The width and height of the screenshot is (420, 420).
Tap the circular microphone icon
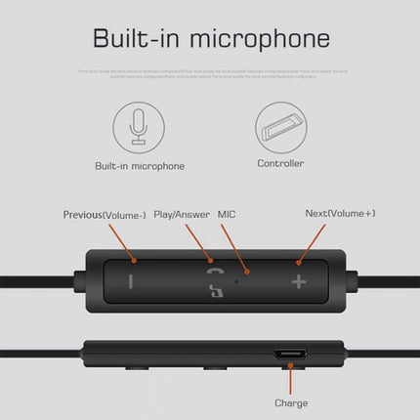click(x=138, y=126)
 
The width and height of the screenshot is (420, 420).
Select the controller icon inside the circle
click(x=279, y=126)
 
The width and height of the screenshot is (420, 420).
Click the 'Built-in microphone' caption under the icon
click(x=139, y=165)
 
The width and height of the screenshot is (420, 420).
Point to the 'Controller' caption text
click(x=279, y=164)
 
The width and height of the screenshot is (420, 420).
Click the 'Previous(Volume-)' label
click(x=105, y=214)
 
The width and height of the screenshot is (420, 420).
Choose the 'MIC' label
click(x=227, y=213)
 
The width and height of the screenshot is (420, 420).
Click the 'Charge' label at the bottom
click(x=291, y=402)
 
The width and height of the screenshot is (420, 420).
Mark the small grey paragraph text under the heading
click(x=209, y=74)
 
